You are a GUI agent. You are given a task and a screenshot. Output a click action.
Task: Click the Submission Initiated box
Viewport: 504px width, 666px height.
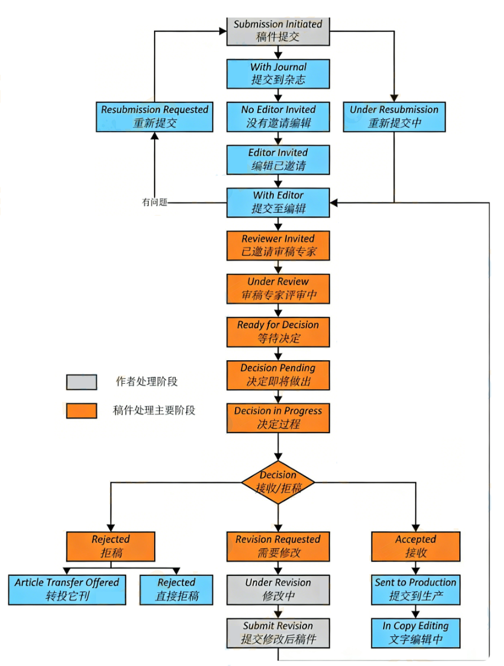278,31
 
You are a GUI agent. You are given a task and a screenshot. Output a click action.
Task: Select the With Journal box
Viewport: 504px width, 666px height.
278,74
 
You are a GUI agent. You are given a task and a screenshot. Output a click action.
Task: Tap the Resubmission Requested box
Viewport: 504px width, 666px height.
155,117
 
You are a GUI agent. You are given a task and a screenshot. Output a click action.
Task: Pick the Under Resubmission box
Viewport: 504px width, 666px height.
394,117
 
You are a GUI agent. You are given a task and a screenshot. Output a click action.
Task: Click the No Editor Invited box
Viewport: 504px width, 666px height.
278,117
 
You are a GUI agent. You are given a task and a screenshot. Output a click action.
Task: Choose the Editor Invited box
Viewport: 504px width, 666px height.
278,160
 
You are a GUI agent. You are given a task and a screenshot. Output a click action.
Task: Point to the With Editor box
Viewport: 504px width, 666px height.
278,202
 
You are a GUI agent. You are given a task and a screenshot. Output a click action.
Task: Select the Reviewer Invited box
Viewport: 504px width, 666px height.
278,245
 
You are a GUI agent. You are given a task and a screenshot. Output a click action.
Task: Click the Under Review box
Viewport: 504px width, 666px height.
278,289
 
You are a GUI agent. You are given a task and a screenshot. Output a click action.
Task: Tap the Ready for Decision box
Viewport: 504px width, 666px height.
278,332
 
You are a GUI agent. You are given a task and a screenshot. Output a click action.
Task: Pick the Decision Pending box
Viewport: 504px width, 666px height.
278,375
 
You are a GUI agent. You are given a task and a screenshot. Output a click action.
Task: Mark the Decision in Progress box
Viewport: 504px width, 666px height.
278,418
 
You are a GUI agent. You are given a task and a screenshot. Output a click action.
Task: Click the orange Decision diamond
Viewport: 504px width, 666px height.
278,482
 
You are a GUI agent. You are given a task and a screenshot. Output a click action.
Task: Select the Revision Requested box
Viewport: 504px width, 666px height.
278,546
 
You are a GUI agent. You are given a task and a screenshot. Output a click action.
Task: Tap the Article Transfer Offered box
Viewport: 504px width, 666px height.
66,589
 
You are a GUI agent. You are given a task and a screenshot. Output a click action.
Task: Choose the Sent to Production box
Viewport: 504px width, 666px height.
415,589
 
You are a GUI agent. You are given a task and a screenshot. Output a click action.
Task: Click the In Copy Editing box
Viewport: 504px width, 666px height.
415,633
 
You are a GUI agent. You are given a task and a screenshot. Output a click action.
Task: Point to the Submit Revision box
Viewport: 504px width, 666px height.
278,633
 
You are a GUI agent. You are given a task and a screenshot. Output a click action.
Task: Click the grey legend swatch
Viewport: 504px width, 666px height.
82,382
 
